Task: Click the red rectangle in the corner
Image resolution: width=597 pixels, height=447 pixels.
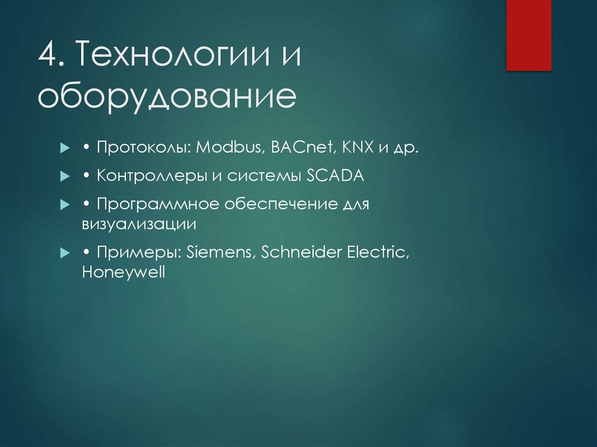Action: tap(528, 35)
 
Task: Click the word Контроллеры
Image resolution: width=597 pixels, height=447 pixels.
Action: tap(152, 176)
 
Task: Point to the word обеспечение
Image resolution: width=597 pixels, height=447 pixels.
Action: tap(273, 206)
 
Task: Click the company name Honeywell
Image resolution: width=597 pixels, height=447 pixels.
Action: tap(124, 272)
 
